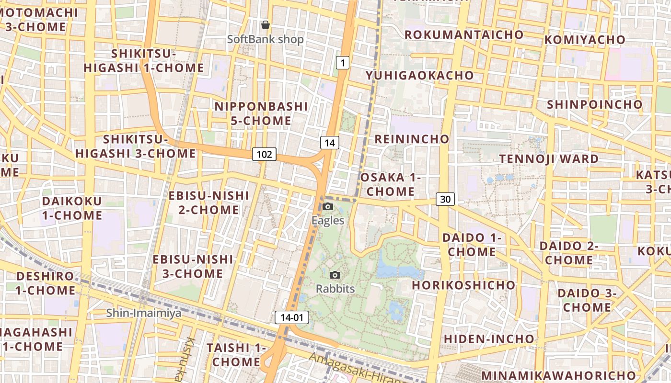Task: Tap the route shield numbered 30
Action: [445, 199]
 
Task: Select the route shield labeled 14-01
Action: [292, 317]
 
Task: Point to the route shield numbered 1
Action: [342, 62]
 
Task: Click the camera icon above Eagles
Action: [328, 206]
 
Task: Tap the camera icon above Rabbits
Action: [335, 275]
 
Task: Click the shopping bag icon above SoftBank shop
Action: [265, 24]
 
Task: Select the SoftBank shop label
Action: [266, 39]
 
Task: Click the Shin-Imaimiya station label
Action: [144, 313]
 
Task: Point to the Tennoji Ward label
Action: [549, 158]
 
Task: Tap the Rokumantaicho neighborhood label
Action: [464, 34]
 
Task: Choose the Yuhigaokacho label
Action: [420, 75]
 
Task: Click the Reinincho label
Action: [412, 139]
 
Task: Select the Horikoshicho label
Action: [464, 285]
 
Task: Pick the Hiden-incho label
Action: [489, 338]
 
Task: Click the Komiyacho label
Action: [585, 39]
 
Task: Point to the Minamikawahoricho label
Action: [559, 375]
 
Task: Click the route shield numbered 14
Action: [330, 142]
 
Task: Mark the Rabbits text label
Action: [335, 289]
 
